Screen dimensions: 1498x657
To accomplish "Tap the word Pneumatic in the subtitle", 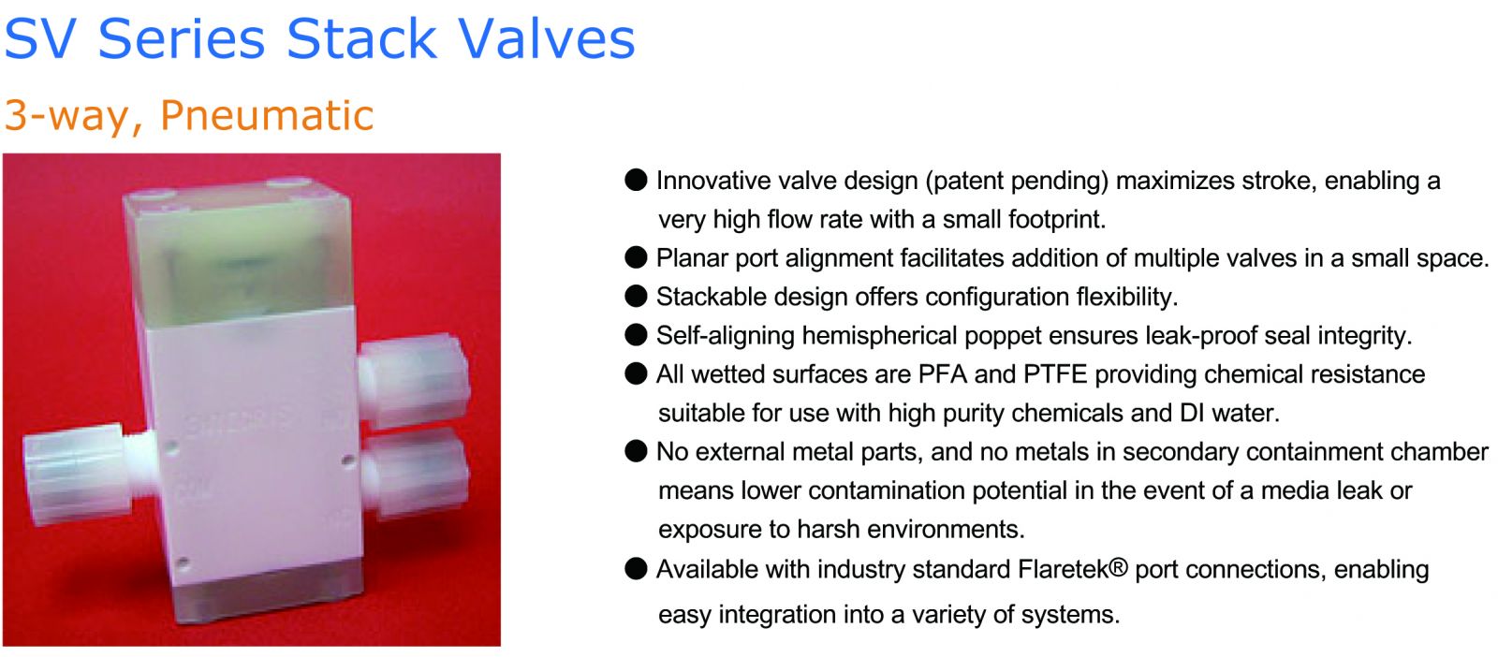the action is pyautogui.click(x=267, y=116).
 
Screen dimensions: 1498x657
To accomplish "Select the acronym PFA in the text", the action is pyautogui.click(x=943, y=374).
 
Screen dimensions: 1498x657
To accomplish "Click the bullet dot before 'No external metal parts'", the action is pyautogui.click(x=636, y=451).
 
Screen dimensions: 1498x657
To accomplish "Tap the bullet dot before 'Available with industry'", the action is pyautogui.click(x=636, y=569).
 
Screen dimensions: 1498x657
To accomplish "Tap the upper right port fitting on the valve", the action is pyautogui.click(x=413, y=379).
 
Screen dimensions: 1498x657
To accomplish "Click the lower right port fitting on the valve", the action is pyautogui.click(x=416, y=471).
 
